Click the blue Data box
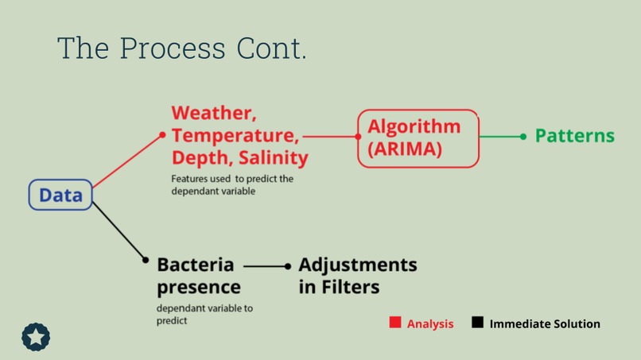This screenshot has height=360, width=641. (x=60, y=195)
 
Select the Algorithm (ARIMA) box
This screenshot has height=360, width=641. (x=418, y=138)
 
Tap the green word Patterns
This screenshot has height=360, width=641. (x=574, y=136)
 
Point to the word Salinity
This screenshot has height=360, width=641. (x=273, y=157)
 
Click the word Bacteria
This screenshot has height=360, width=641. (x=196, y=264)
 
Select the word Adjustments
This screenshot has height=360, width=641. (x=358, y=264)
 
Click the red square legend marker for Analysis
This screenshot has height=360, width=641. (x=395, y=323)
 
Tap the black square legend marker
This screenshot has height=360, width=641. (x=477, y=323)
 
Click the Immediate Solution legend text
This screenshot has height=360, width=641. (x=545, y=323)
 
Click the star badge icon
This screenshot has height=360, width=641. (x=36, y=337)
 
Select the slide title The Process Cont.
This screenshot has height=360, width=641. (x=181, y=48)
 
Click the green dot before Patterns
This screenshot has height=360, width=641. (x=523, y=137)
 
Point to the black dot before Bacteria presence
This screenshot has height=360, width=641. (x=145, y=260)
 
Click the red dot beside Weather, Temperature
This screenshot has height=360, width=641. (x=163, y=135)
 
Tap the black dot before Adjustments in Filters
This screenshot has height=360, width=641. (x=288, y=266)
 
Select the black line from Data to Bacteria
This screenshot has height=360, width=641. (x=118, y=230)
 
